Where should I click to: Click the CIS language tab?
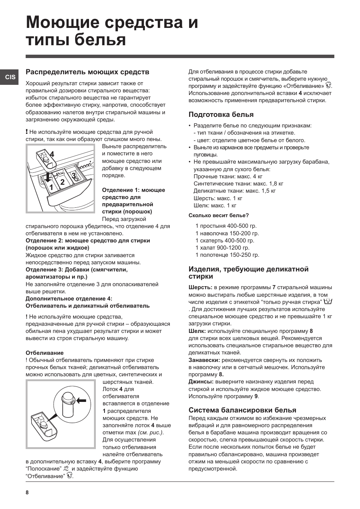(10, 77)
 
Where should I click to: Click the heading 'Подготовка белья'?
(221, 115)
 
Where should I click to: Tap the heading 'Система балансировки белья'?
(242, 410)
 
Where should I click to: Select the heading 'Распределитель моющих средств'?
(87, 72)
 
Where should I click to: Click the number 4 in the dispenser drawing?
(52, 154)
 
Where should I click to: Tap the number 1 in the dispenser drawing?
(50, 187)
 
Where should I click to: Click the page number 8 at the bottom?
(27, 493)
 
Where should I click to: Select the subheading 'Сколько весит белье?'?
(218, 216)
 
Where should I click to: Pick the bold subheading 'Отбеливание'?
(45, 353)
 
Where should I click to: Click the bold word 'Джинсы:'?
(201, 382)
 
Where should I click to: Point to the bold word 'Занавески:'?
(204, 360)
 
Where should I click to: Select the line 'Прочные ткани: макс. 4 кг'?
(228, 176)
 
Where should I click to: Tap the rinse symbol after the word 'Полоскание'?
(67, 469)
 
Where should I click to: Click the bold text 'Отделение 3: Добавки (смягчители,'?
(77, 270)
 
